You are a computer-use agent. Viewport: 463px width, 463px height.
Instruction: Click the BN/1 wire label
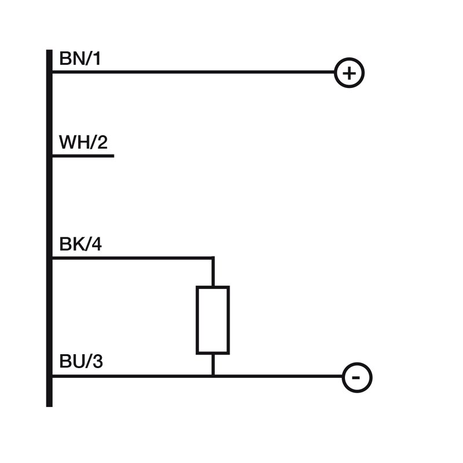coord(80,59)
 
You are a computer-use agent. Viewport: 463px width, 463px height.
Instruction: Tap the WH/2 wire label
coord(83,142)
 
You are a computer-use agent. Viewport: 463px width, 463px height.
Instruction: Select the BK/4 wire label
coord(80,245)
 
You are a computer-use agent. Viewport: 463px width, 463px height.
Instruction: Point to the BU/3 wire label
coord(81,362)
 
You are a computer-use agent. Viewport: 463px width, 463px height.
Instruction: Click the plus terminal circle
coord(349,73)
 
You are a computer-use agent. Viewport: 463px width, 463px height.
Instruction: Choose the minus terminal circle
coord(357,377)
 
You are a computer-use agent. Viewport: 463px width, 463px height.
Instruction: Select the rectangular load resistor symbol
coord(213,319)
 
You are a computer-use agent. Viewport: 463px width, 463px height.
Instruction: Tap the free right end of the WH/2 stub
coord(113,156)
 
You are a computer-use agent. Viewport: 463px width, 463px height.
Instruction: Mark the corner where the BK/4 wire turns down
coord(213,258)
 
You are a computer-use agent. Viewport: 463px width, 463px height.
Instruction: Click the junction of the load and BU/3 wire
coord(213,376)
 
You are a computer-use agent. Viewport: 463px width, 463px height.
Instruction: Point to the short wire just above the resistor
coord(213,272)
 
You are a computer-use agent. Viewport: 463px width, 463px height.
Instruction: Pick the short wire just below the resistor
coord(213,365)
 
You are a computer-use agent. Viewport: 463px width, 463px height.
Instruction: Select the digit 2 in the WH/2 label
coord(102,142)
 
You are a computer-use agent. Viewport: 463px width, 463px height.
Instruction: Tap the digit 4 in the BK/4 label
coord(96,245)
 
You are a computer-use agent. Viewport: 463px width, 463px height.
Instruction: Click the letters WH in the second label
coord(72,142)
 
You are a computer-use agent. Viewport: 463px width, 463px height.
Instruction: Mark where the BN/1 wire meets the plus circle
coord(335,73)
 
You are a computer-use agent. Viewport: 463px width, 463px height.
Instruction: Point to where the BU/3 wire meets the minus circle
coord(343,377)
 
